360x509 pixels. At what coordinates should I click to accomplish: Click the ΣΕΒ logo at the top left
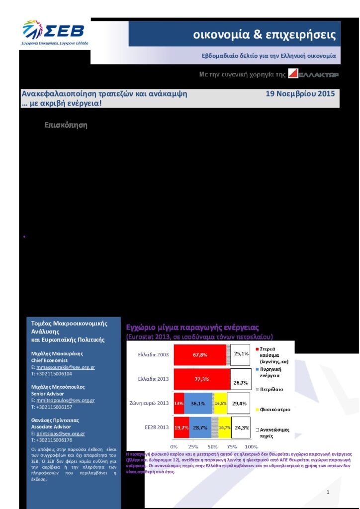pos(55,32)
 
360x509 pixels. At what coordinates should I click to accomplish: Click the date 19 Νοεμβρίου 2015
pos(300,93)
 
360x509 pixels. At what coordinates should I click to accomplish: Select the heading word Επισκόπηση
pos(66,125)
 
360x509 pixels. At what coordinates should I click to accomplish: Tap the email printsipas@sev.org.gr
pos(60,433)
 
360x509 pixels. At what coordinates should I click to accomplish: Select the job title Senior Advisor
pos(47,394)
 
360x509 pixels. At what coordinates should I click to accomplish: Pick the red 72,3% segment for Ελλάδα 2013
pos(201,379)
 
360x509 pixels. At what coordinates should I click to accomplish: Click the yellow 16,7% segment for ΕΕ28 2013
pos(225,427)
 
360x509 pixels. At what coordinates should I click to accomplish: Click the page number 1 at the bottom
pos(329,478)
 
